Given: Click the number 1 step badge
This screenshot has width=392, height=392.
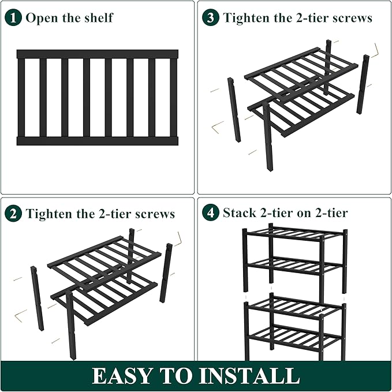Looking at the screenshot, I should pyautogui.click(x=13, y=17).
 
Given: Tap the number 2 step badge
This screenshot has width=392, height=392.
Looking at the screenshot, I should pyautogui.click(x=13, y=214).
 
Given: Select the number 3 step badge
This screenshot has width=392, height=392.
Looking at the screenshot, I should pyautogui.click(x=211, y=17).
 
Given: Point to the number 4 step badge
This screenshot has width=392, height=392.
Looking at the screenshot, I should pyautogui.click(x=211, y=214).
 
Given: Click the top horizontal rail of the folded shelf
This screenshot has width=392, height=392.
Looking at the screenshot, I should pyautogui.click(x=97, y=54).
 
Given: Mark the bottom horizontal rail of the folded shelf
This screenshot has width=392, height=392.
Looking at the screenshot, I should pyautogui.click(x=97, y=140).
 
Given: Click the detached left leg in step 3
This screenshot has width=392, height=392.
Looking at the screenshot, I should pyautogui.click(x=234, y=110).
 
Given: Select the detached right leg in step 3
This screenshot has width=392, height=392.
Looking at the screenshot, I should pyautogui.click(x=363, y=84).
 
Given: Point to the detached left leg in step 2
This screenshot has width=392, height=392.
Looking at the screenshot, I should pyautogui.click(x=37, y=298).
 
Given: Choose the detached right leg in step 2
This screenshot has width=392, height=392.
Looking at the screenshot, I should pyautogui.click(x=166, y=272).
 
